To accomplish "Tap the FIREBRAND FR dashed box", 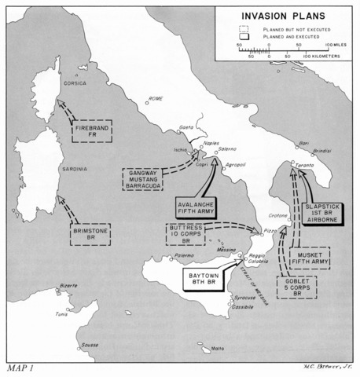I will coord(92,132).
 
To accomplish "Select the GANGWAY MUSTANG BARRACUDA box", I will coord(144,178).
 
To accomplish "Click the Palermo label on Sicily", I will coord(184,256).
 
